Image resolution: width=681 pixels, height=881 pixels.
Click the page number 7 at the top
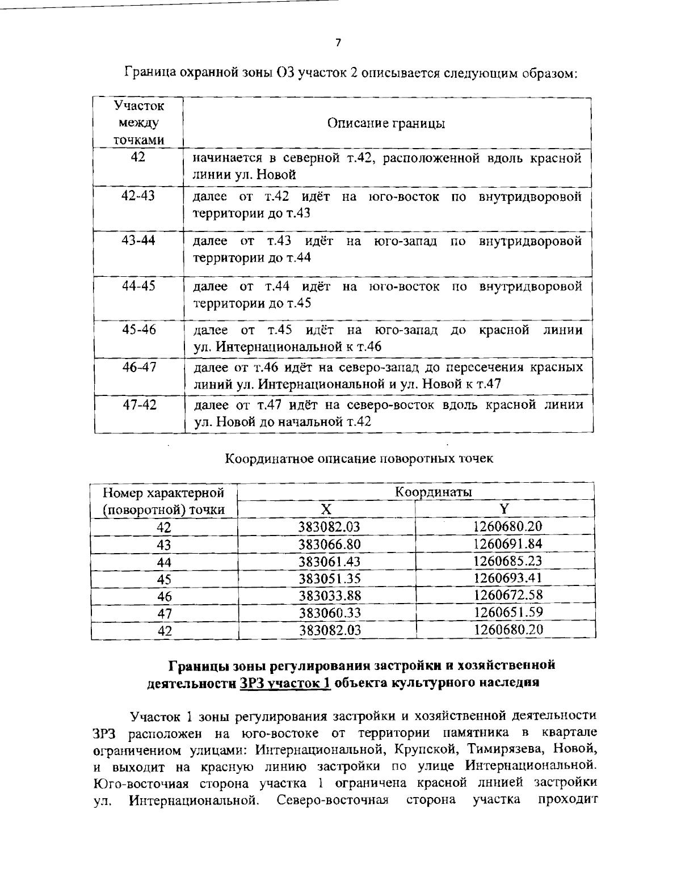pos(338,43)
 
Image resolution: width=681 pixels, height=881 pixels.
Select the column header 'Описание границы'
pos(386,123)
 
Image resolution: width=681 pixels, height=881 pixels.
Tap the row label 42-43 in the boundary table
pos(138,196)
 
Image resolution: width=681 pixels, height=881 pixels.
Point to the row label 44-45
pos(138,286)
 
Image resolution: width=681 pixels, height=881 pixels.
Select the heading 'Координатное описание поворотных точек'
pos(359,458)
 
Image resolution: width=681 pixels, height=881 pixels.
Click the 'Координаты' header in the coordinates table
pos(434,491)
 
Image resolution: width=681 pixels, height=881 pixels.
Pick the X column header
pos(325,508)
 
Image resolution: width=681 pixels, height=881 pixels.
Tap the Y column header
pos(505,508)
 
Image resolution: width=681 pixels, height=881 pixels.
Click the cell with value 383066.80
pos(329,545)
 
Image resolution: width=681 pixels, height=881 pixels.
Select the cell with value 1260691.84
pos(507,543)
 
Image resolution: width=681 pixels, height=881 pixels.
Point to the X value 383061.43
pos(329,562)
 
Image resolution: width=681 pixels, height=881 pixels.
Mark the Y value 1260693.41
pos(507,578)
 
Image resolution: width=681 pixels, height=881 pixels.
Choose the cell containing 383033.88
pos(329,596)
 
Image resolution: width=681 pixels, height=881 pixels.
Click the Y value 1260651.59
pos(507,612)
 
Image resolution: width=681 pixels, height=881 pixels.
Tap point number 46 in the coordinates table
pos(164,596)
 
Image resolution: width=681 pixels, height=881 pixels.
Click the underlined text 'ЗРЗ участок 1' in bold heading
pos(285,683)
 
